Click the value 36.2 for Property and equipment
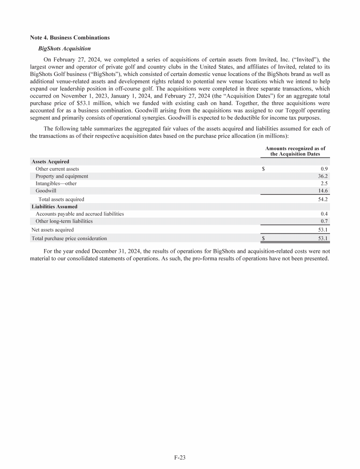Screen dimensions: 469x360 [x=321, y=176]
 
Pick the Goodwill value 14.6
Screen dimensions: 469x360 [x=321, y=191]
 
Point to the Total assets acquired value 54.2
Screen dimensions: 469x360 [x=321, y=199]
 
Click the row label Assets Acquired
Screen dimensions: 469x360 [x=50, y=161]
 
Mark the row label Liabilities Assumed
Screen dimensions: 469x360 [x=54, y=206]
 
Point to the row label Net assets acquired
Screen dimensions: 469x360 [x=52, y=230]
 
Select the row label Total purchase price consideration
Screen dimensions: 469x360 [x=69, y=238]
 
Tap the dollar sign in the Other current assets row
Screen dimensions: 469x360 [x=263, y=169]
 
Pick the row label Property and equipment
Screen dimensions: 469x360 [x=62, y=176]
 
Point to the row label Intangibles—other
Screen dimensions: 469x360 [x=56, y=183]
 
